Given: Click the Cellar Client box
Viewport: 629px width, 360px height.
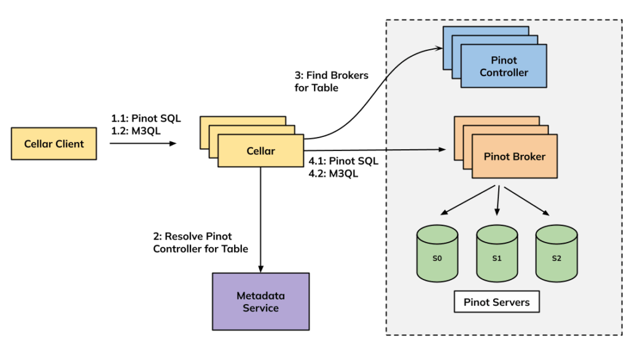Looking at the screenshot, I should coord(54,144).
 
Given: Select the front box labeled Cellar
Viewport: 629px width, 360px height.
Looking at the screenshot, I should coord(260,151).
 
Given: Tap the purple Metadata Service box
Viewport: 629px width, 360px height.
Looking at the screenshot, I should coord(260,301).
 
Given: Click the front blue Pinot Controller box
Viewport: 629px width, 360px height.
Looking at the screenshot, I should coord(504,66).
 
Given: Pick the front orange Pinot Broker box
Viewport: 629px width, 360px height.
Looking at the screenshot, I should coord(514,156).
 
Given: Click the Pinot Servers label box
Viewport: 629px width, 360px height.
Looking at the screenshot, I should coord(496,302).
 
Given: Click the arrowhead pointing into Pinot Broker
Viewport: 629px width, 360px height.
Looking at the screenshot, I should coord(441,149).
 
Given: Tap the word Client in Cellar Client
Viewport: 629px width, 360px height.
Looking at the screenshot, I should coord(69,144).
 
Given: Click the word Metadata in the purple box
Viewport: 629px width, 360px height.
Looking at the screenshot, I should coord(260,295).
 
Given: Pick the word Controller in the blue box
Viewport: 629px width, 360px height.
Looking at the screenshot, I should coord(504,72).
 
